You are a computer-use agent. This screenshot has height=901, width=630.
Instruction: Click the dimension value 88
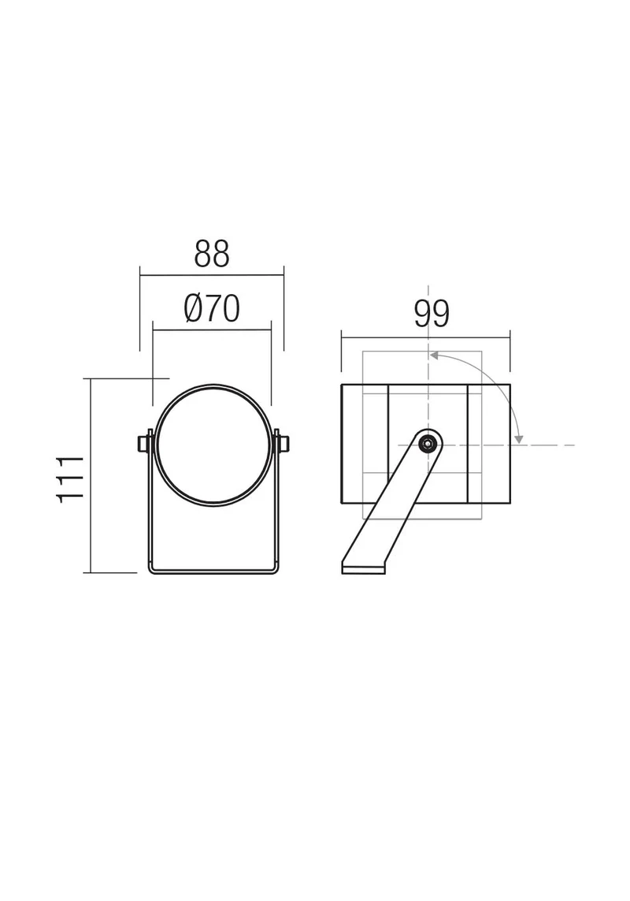tap(212, 253)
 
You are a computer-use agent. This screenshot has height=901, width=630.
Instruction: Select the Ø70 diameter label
tap(212, 308)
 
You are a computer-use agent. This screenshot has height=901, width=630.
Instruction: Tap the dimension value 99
tap(432, 313)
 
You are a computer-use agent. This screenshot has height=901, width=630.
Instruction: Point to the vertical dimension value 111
tap(71, 479)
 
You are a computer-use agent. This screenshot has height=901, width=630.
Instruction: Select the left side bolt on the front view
tap(143, 444)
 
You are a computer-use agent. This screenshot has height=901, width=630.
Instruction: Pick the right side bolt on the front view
tap(282, 444)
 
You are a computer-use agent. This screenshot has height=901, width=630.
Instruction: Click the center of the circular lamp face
tap(213, 445)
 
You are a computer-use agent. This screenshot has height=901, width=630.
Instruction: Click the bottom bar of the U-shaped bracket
tap(213, 571)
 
